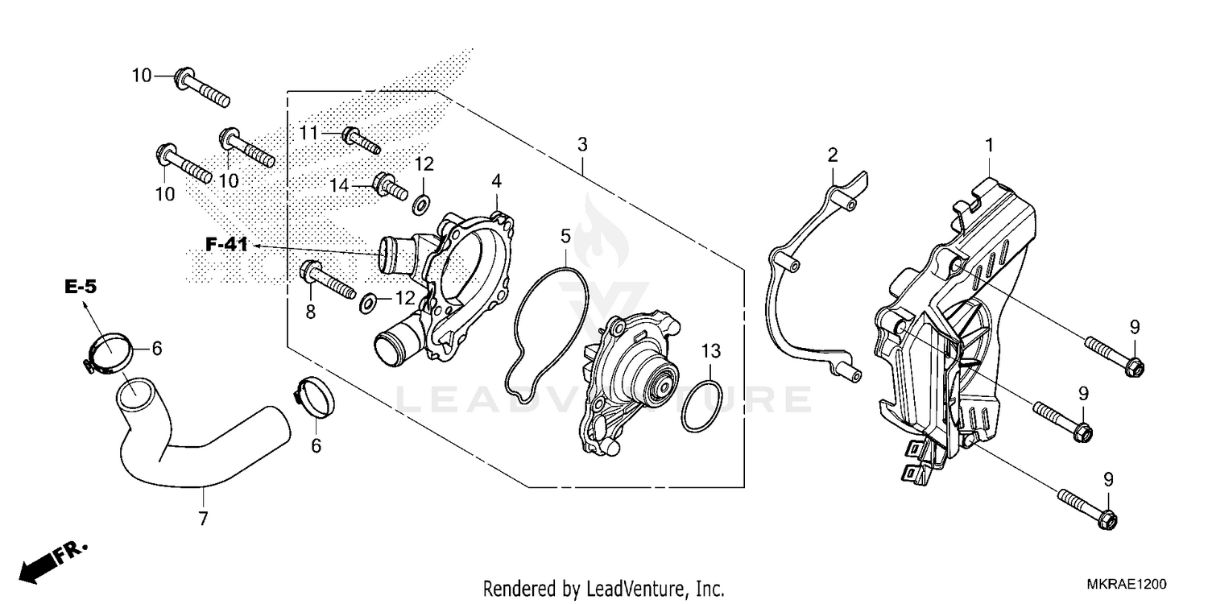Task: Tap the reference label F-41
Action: (x=226, y=245)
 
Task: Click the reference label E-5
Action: (x=81, y=286)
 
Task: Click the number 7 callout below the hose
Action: (x=203, y=518)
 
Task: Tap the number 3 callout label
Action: (x=581, y=145)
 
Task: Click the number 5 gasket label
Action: (x=565, y=236)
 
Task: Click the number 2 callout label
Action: (x=833, y=154)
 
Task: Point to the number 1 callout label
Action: (x=989, y=145)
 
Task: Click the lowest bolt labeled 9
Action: (x=1086, y=508)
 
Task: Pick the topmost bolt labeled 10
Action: (x=201, y=88)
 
